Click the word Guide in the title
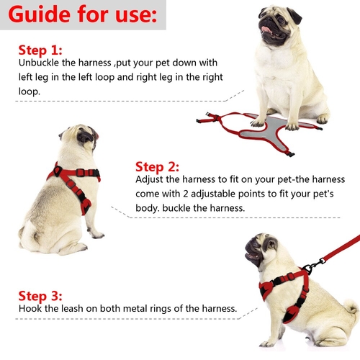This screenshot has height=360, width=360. coord(40,15)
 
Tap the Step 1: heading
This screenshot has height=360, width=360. coord(40,50)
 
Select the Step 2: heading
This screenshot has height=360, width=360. coord(157,167)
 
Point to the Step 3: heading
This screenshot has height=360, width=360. coord(40,296)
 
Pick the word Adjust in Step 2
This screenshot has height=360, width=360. coord(149,179)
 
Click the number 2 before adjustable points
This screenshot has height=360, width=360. coord(186,194)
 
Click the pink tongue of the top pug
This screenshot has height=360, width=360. coord(266,30)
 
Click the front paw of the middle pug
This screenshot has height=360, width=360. coord(98,235)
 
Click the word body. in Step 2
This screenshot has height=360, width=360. coord(148,208)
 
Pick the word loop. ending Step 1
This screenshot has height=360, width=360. coord(30,91)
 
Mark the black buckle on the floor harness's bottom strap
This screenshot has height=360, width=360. coord(290,153)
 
